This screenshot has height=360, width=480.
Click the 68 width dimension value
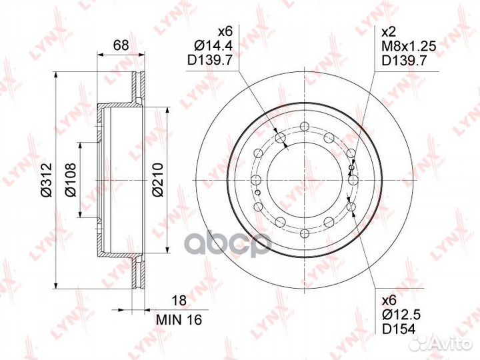point(121,45)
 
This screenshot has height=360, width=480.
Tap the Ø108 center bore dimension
point(70,180)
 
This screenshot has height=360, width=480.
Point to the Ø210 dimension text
point(158,180)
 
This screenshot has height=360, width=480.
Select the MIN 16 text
point(179,320)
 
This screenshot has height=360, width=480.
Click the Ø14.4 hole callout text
point(214,45)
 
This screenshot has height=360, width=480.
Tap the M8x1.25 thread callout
point(409,46)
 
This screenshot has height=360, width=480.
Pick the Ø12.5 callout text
point(401,314)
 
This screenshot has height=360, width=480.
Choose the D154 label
point(399,329)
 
